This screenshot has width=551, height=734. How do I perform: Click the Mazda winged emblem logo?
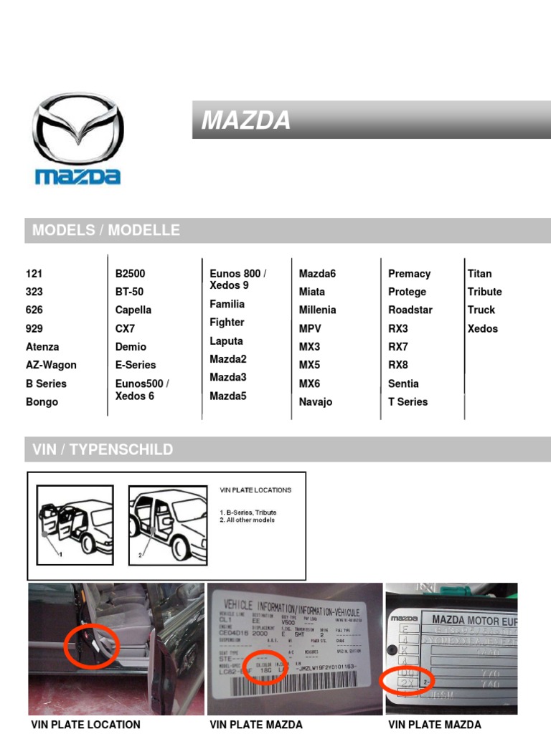click(x=77, y=130)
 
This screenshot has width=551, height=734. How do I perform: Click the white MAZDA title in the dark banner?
click(x=246, y=120)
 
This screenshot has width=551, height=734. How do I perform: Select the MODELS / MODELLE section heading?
click(x=106, y=230)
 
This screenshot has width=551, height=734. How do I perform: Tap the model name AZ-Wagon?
click(x=51, y=365)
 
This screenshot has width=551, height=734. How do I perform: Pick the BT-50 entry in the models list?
click(x=129, y=292)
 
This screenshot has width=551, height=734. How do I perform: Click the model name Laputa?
click(x=226, y=341)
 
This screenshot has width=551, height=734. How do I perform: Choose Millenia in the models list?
click(x=317, y=310)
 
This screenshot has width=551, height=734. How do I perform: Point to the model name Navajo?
click(x=316, y=402)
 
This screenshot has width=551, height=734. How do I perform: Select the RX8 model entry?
click(x=398, y=365)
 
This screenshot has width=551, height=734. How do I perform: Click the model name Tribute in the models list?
click(x=484, y=292)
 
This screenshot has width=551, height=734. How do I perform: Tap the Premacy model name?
click(x=409, y=274)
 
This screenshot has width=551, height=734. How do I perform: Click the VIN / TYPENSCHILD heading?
click(x=103, y=449)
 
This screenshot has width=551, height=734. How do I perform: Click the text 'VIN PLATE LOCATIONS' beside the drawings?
click(x=255, y=490)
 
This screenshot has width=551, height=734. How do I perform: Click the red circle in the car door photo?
click(x=91, y=647)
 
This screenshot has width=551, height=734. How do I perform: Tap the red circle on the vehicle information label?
click(x=265, y=667)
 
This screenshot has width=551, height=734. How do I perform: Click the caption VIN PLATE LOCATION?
click(x=85, y=725)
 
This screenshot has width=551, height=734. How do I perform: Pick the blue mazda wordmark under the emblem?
click(x=77, y=176)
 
